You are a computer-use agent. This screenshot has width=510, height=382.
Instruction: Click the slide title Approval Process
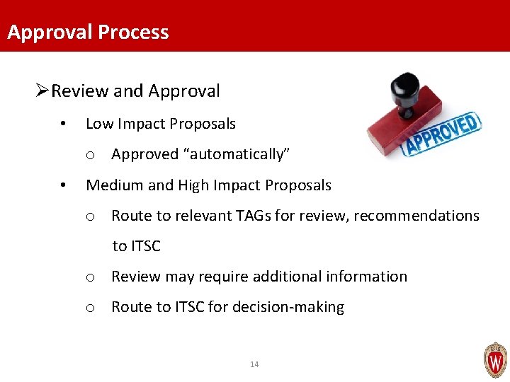click(88, 33)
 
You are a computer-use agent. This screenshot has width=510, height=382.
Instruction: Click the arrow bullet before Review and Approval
click(42, 91)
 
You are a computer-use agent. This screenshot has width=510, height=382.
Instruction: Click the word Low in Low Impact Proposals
click(98, 124)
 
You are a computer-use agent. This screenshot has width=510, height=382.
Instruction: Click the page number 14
click(254, 364)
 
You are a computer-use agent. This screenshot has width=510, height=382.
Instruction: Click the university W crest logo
click(494, 360)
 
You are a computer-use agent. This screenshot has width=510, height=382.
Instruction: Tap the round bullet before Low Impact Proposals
click(64, 125)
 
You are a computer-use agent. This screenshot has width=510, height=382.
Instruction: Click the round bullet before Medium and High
click(64, 186)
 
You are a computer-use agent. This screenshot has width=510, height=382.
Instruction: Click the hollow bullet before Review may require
click(91, 277)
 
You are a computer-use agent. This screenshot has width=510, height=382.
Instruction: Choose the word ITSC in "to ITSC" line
click(146, 246)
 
